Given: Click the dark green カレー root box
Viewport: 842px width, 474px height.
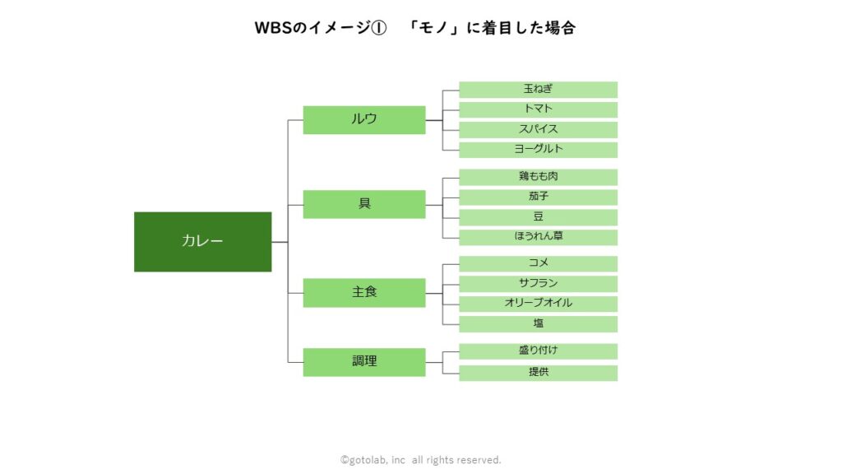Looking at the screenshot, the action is click(202, 242).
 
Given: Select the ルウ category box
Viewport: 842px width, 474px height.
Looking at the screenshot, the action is click(364, 120).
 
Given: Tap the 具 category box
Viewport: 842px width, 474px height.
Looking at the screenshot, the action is click(364, 204).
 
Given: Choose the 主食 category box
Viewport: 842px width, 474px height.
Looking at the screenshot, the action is click(364, 293).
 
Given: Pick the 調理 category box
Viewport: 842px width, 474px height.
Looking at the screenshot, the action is click(364, 362).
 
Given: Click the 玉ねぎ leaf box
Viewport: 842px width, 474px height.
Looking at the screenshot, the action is click(538, 90).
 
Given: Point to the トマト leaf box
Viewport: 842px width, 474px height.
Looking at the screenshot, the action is click(538, 109).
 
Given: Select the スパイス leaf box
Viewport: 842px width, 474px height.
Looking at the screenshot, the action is click(538, 129).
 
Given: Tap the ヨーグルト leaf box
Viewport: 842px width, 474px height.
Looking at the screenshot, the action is click(538, 150).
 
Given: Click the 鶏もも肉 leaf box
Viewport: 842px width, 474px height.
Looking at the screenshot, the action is click(538, 177).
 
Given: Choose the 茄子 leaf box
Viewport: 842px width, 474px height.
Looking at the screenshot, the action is click(538, 197).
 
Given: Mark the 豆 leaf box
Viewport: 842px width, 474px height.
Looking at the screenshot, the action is click(538, 217).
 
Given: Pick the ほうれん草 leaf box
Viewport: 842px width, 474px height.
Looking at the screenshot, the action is click(538, 237).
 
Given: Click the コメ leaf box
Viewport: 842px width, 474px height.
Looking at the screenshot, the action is click(538, 264).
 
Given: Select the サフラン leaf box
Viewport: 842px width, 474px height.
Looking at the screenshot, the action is click(538, 284).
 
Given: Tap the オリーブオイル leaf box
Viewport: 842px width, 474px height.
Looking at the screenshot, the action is click(538, 304).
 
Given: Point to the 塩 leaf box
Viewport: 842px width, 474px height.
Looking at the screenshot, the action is click(538, 324).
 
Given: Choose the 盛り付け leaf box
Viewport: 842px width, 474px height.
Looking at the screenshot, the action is click(538, 351).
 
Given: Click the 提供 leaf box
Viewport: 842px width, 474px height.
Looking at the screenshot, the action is click(538, 373).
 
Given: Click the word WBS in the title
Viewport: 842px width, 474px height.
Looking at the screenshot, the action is click(273, 28).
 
